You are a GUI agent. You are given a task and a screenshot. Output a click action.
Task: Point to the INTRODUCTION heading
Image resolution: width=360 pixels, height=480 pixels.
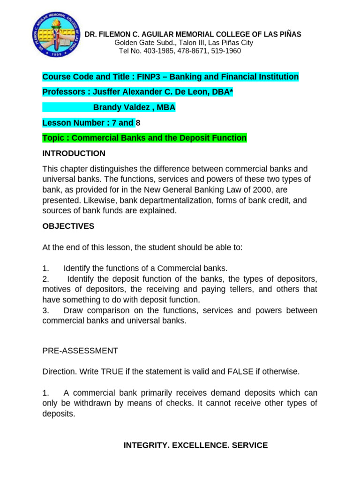coord(74,153)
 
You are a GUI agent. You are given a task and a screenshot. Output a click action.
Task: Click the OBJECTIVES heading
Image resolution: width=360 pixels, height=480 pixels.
coord(68,226)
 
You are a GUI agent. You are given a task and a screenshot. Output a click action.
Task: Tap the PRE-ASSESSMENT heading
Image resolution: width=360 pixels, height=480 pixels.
coord(80,351)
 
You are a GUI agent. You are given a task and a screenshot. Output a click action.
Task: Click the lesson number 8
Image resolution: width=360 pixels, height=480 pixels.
coord(138,123)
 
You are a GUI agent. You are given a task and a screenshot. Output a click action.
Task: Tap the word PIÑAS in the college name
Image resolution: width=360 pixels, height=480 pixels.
coord(291,34)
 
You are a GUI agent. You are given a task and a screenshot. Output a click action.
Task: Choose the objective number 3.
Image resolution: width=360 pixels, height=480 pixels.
coord(45,310)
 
